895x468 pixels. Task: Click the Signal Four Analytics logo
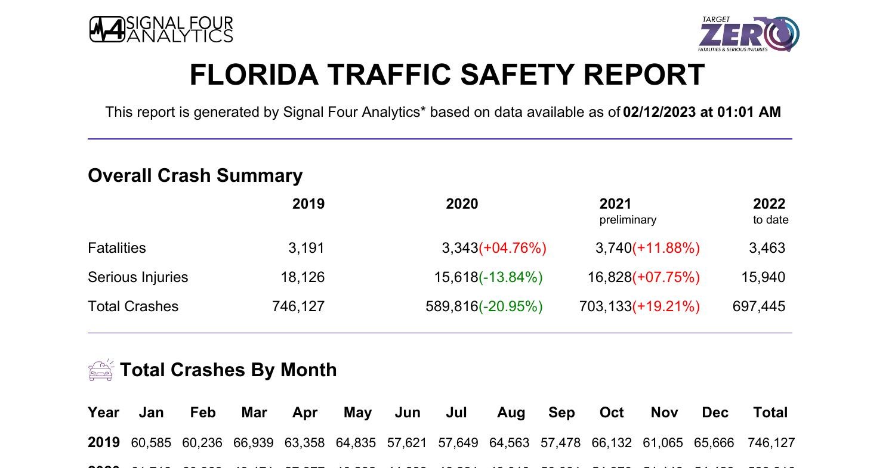coord(161,29)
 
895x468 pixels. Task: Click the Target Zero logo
coord(749,34)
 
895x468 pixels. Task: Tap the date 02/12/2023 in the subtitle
coord(659,112)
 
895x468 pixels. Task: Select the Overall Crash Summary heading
coord(195,175)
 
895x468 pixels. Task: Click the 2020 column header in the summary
coord(462,204)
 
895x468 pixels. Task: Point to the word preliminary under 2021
coord(628,220)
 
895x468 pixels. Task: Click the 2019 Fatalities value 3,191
coord(306,248)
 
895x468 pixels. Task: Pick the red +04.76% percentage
coord(513,248)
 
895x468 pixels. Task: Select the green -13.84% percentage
coord(511,277)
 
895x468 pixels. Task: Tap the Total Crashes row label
coord(133,306)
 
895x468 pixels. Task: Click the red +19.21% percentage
coord(666,306)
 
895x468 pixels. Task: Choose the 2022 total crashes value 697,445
coord(759,306)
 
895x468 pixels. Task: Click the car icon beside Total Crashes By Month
coord(100,370)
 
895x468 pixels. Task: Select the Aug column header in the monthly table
coord(511,413)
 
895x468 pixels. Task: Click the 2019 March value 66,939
coord(254,443)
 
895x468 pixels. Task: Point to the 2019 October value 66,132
coord(612,443)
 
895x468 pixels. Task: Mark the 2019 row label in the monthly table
coord(104,442)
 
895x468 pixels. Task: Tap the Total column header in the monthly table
coord(770,413)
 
